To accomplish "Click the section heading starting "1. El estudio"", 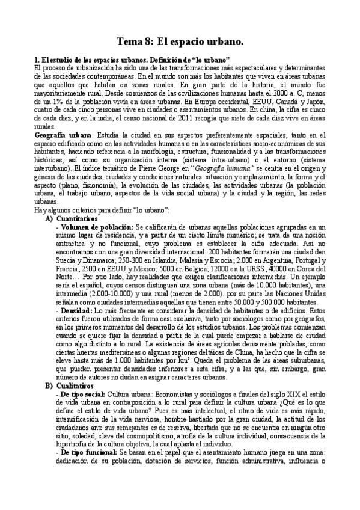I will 133,61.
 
